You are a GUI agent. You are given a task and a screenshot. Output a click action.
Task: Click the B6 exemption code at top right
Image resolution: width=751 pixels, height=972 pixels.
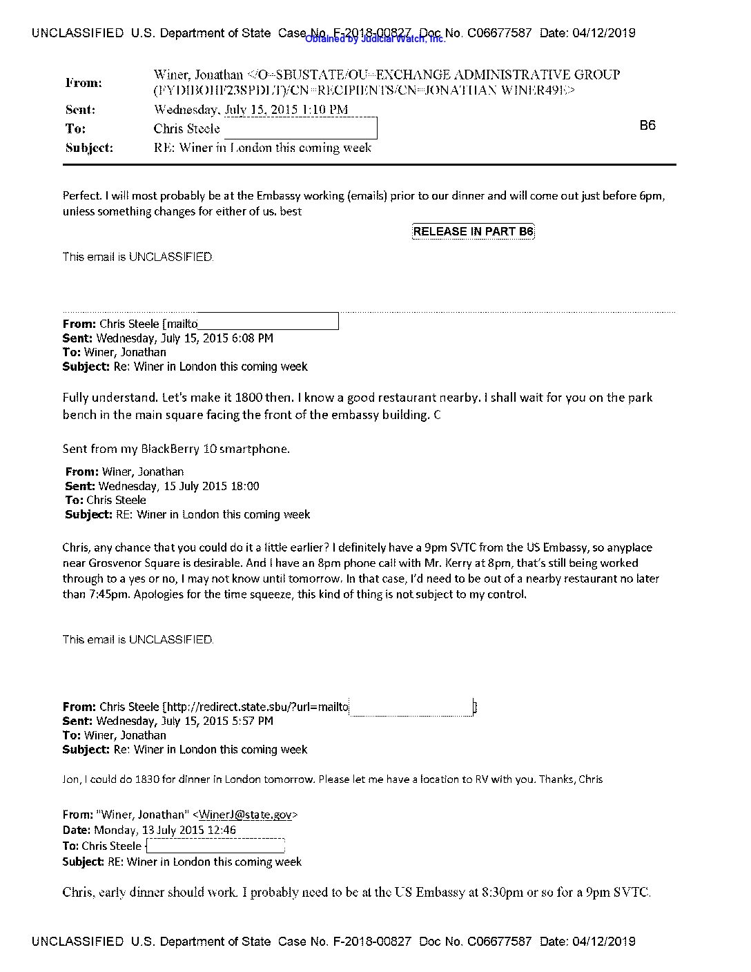tap(647, 125)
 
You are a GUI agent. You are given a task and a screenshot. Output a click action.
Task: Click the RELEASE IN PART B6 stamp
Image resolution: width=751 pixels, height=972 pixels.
tap(473, 231)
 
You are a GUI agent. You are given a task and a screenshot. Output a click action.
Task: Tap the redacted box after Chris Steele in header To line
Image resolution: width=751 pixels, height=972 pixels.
tap(300, 128)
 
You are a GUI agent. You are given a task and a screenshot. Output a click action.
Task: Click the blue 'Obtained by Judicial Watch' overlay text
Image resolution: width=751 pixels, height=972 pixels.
tap(375, 39)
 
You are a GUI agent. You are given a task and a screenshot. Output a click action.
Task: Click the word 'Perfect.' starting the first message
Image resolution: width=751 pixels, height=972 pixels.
tap(82, 195)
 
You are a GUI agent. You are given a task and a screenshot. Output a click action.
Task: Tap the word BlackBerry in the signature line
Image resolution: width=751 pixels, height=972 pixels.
tap(170, 449)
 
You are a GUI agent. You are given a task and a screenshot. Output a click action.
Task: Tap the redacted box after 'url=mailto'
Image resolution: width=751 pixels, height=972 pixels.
tap(411, 707)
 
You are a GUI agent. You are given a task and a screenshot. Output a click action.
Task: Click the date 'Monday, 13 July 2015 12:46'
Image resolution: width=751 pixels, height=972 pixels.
tap(164, 830)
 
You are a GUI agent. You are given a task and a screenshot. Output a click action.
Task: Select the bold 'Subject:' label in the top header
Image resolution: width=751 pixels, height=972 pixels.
tap(89, 148)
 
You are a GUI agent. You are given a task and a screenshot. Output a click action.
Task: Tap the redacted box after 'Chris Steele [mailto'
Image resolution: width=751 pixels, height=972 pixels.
tap(268, 322)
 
